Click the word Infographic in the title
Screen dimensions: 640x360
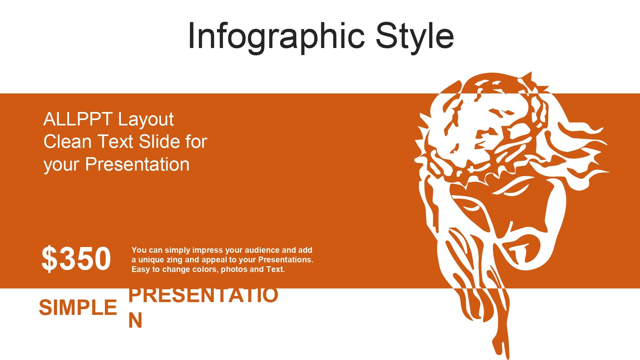point(276,36)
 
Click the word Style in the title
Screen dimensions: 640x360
point(415,36)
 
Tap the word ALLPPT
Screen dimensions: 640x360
point(77,119)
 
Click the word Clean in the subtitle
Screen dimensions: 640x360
point(68,142)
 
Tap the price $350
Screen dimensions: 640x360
point(76,259)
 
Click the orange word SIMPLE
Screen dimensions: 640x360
point(78,308)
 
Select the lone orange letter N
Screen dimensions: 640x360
point(135,320)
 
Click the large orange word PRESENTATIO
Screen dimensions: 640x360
point(203,295)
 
